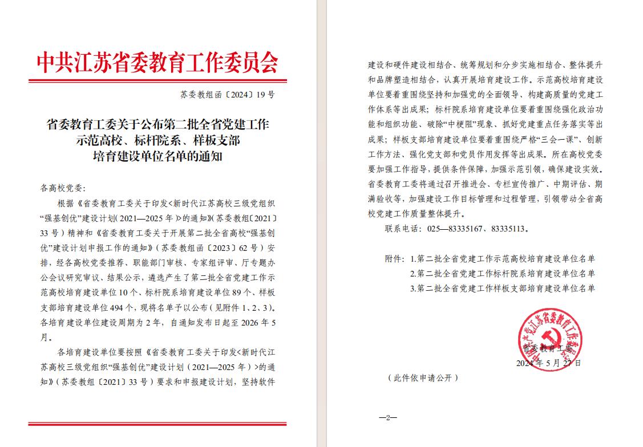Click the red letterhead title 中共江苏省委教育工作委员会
pyautogui.click(x=157, y=62)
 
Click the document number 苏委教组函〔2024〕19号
pyautogui.click(x=227, y=95)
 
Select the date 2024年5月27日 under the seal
pyautogui.click(x=548, y=363)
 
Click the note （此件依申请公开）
pyautogui.click(x=422, y=378)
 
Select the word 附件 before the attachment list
pyautogui.click(x=394, y=259)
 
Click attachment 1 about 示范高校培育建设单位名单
pyautogui.click(x=503, y=259)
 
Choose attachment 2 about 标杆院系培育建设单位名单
pyautogui.click(x=503, y=274)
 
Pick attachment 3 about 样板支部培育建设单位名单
pyautogui.click(x=503, y=288)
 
